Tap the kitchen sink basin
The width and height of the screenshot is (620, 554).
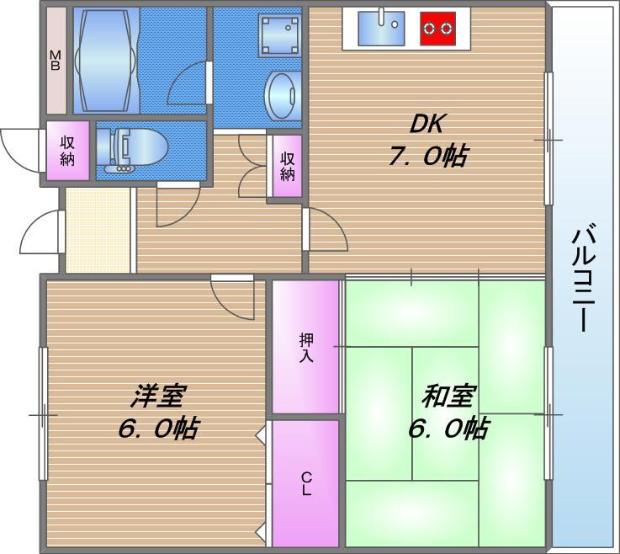coord(381,29)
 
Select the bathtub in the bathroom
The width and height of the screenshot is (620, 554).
coord(105,61)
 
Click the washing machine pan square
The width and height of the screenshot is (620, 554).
coord(280,37)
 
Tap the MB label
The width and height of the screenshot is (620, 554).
coord(55,61)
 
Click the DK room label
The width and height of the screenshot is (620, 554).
coord(427,125)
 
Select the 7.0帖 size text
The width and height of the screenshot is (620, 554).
coord(427,156)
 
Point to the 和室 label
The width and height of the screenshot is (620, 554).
coord(449,396)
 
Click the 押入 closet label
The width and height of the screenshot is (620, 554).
coord(306,347)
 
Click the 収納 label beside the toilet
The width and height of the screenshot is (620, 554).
coord(67,152)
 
